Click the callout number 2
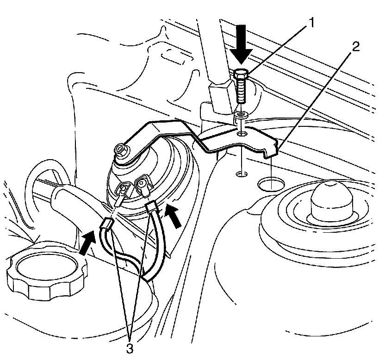click(355, 47)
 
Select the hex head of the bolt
click(241, 74)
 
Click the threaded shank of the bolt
click(241, 93)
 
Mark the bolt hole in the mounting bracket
click(241, 134)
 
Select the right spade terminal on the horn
click(142, 185)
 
